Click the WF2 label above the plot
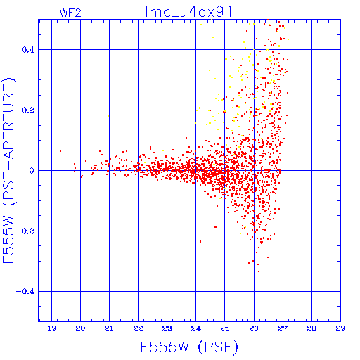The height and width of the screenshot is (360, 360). (70, 13)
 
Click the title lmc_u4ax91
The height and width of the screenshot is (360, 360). (189, 11)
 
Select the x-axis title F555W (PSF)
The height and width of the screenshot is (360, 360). (189, 347)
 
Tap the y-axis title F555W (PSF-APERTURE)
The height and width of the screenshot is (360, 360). (8, 170)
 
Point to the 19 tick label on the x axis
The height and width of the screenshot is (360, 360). (51, 328)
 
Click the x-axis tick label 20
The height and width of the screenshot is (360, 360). (80, 328)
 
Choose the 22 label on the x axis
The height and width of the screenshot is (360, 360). (139, 328)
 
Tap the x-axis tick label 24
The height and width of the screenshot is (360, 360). (196, 328)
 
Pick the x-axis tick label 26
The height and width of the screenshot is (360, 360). (254, 328)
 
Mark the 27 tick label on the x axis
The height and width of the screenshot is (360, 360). (283, 328)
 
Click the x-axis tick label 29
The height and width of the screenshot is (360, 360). (340, 328)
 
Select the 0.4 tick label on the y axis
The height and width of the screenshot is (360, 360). (28, 50)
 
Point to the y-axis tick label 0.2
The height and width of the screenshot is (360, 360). (28, 110)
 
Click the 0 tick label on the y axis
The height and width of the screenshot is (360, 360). (32, 171)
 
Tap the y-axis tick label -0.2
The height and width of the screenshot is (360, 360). (25, 231)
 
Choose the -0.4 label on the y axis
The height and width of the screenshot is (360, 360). (25, 292)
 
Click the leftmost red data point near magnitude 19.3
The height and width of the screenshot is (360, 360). (60, 151)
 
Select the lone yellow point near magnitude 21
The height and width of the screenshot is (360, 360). (108, 116)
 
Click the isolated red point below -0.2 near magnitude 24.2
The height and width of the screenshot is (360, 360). (200, 241)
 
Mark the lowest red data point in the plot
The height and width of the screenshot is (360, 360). (259, 271)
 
